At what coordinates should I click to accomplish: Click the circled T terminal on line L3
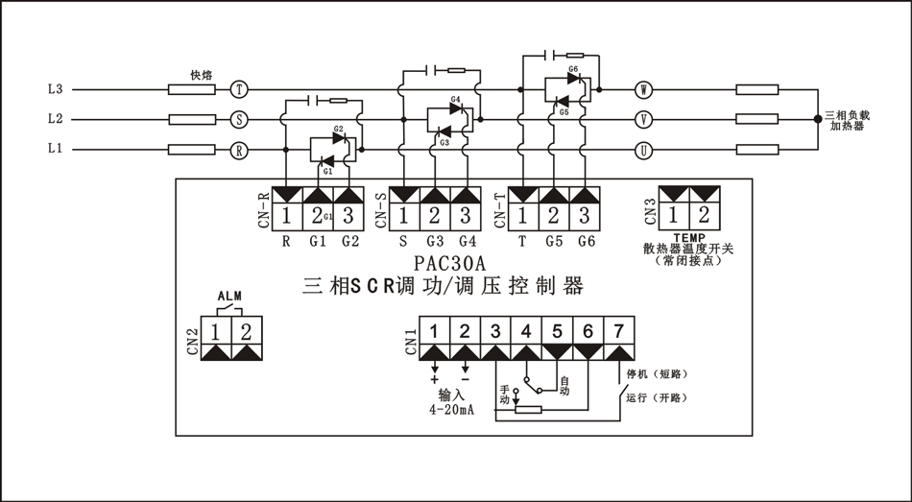[240, 89]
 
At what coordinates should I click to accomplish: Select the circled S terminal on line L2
[240, 120]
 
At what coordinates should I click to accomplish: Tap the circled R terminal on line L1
[240, 150]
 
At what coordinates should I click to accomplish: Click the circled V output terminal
[643, 120]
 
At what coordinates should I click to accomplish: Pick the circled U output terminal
[643, 150]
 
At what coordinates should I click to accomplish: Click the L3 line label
[55, 89]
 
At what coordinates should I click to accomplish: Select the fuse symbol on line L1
[191, 150]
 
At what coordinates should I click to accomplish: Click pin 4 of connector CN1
[527, 332]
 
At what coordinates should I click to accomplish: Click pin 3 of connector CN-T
[584, 214]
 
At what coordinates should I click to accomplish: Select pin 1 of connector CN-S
[404, 214]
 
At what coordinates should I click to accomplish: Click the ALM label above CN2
[229, 297]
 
